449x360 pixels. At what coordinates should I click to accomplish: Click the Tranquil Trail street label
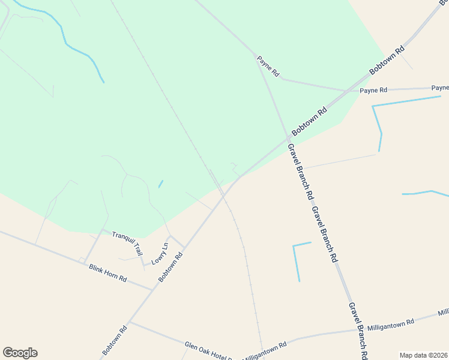click(x=127, y=241)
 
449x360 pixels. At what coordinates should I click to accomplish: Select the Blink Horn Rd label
click(x=108, y=274)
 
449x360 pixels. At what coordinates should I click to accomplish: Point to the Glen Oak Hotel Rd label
click(x=208, y=350)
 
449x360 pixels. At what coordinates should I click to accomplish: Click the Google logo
click(x=20, y=353)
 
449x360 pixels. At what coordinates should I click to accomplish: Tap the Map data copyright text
click(x=423, y=355)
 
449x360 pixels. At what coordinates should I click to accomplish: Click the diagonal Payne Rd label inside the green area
click(x=268, y=66)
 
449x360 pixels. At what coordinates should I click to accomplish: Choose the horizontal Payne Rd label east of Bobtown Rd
click(x=373, y=90)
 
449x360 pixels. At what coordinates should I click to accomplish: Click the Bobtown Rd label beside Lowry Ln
click(x=170, y=267)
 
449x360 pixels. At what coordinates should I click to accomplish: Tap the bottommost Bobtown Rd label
click(x=115, y=340)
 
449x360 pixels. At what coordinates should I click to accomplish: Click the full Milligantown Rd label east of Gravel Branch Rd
click(x=391, y=323)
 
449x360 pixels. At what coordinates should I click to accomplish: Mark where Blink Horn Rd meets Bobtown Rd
click(x=154, y=290)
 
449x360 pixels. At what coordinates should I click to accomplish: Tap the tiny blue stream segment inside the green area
click(x=160, y=184)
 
